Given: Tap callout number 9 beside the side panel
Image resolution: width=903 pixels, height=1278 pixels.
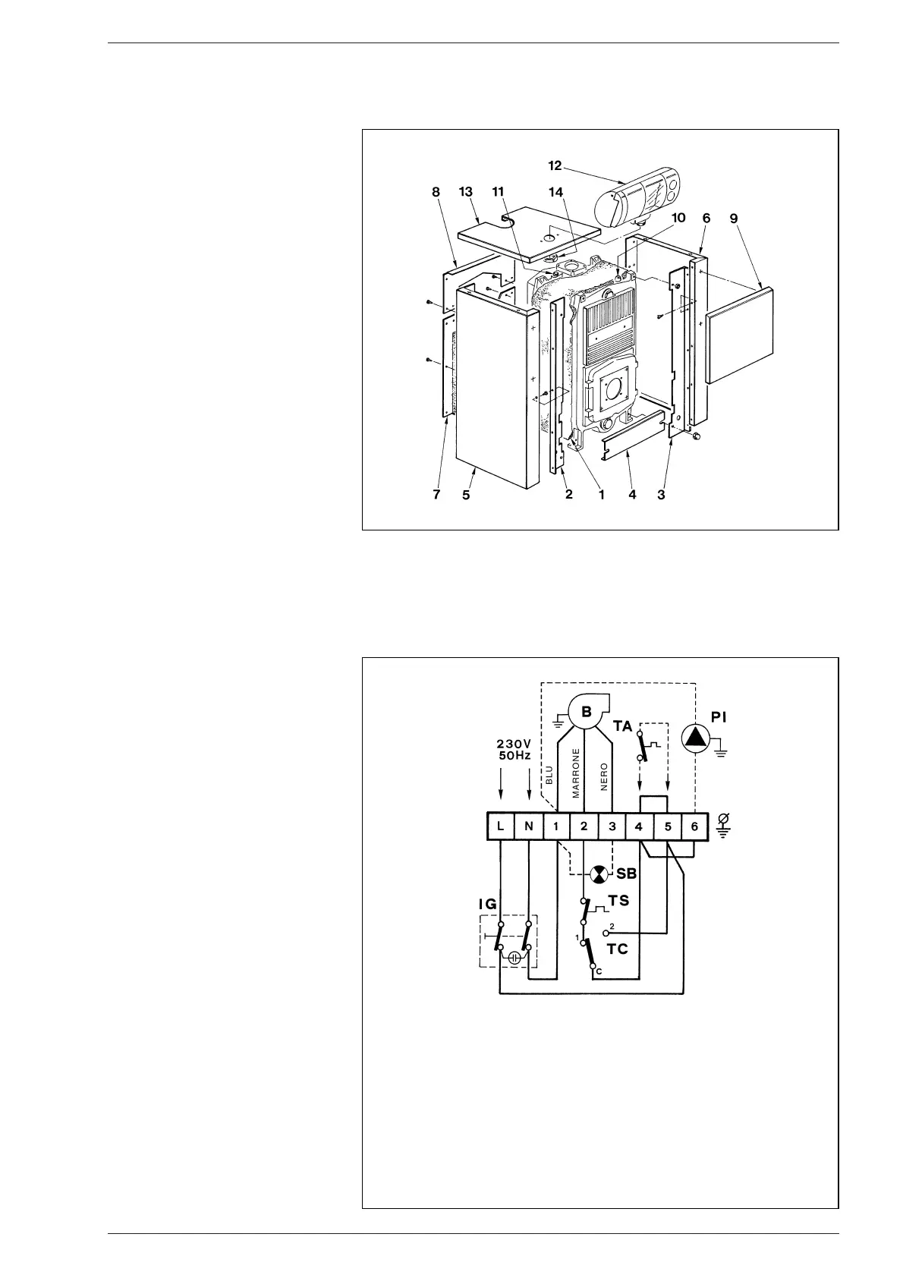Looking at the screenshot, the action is click(733, 218).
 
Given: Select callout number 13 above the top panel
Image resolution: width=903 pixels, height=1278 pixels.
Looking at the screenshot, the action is click(467, 193).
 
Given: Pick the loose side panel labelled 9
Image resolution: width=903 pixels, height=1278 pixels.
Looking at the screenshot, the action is click(740, 334).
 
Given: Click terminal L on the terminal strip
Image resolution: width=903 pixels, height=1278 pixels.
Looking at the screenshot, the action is click(501, 826).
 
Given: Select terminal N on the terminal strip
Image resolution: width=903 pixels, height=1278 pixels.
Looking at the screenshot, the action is click(529, 826).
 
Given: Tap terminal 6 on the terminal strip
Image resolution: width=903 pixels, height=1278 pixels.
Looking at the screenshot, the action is click(694, 826).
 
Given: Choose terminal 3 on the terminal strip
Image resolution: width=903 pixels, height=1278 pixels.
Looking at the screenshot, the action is click(612, 826).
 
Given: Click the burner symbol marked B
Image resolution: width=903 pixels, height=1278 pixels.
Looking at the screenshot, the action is click(586, 713).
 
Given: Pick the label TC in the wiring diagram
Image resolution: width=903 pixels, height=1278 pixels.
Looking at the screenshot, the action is click(618, 949).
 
